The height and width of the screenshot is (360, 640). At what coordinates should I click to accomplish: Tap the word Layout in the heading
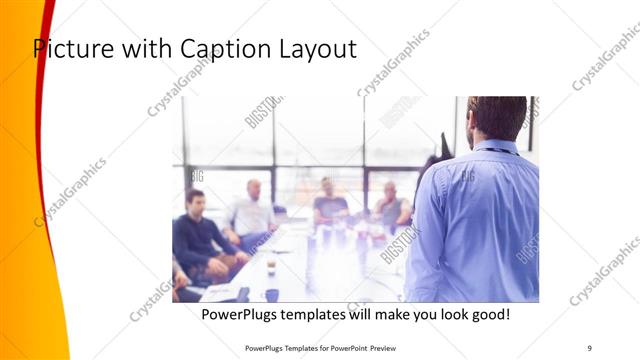(x=318, y=49)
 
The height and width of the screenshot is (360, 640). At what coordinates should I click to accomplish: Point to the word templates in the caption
(x=335, y=314)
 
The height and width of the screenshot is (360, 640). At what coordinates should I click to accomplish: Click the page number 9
(x=590, y=348)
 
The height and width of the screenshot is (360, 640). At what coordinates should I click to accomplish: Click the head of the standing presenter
(x=496, y=118)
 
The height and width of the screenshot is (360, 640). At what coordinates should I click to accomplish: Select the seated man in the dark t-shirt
(x=329, y=204)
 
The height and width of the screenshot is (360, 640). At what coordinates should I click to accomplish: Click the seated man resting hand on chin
(x=391, y=207)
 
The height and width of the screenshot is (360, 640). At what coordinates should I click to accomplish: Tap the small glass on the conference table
(x=271, y=264)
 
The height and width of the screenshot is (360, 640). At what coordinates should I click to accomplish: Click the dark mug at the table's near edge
(x=272, y=295)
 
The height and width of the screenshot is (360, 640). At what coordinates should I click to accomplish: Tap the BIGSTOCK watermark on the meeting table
(x=400, y=245)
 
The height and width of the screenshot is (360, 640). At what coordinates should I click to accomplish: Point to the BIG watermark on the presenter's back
(x=467, y=176)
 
